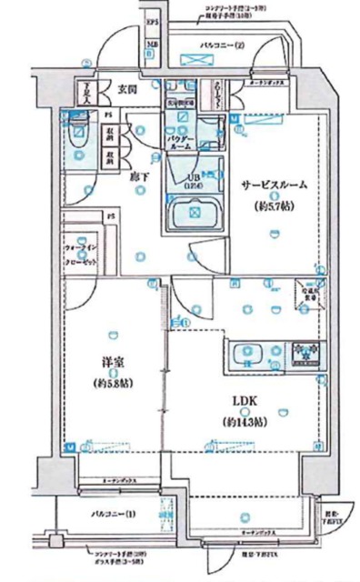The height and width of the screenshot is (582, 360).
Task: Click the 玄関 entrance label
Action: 126,90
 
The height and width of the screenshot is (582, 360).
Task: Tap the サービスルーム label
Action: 273,184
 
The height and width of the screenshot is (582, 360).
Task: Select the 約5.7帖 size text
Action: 272,207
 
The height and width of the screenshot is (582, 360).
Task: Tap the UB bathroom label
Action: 193,178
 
